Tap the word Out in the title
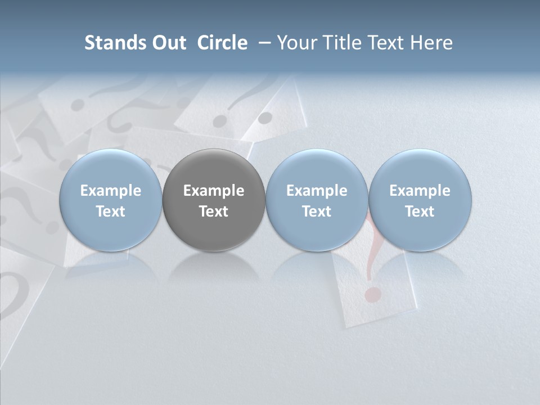pyautogui.click(x=167, y=43)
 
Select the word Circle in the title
pyautogui.click(x=222, y=43)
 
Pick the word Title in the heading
pyautogui.click(x=340, y=43)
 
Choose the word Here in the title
pyautogui.click(x=431, y=43)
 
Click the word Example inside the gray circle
pyautogui.click(x=214, y=191)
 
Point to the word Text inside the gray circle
pyautogui.click(x=214, y=211)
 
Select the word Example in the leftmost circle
pyautogui.click(x=111, y=191)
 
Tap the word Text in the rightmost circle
pyautogui.click(x=420, y=211)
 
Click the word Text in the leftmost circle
pyautogui.click(x=111, y=211)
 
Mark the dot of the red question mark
pyautogui.click(x=370, y=294)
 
